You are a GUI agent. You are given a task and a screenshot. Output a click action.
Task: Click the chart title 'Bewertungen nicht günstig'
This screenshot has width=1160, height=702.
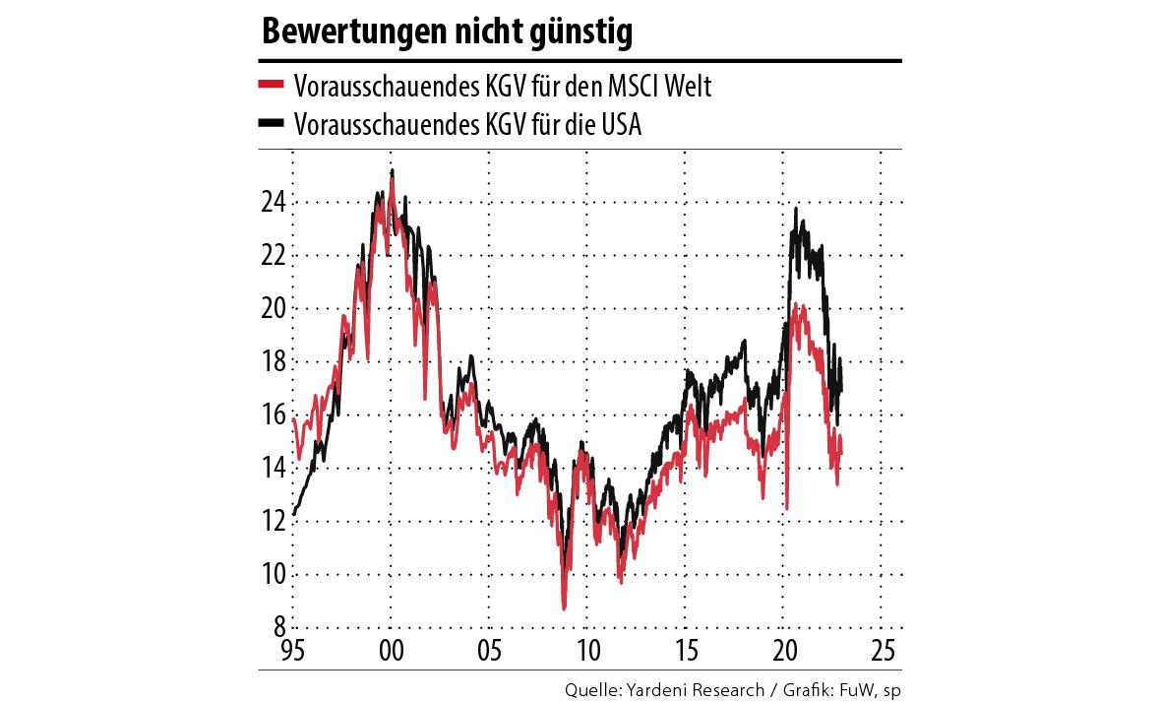[446, 33]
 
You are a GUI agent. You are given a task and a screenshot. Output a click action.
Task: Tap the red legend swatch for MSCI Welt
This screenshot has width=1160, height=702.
[272, 87]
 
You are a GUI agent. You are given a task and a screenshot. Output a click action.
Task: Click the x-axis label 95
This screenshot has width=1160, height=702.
[293, 651]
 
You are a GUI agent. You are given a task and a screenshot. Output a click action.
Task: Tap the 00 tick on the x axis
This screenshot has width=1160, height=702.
[392, 651]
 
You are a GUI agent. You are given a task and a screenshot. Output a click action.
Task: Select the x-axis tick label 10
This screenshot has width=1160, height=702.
[587, 651]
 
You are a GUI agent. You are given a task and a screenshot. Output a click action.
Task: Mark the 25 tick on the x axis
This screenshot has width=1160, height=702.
[883, 651]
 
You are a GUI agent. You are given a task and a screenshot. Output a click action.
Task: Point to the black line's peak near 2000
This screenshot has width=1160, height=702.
[393, 170]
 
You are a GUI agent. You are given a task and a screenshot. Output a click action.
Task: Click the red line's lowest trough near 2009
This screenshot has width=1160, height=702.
[564, 609]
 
